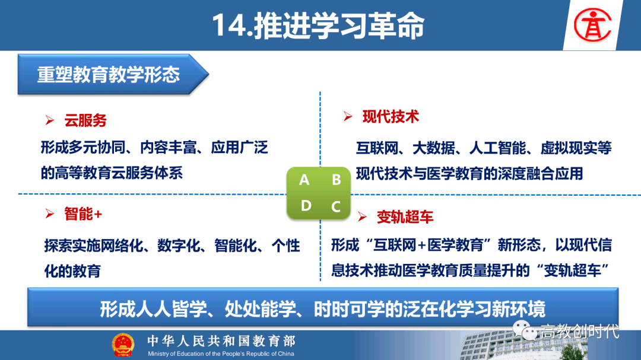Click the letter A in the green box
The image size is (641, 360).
[304, 180]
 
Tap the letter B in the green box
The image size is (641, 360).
[336, 180]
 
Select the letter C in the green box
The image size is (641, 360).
[336, 206]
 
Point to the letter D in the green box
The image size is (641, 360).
[306, 206]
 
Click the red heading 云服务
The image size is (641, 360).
[85, 120]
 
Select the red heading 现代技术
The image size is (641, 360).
[391, 117]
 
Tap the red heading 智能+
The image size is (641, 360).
[83, 214]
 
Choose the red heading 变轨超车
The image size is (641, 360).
[405, 217]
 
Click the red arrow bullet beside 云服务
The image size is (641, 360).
[49, 120]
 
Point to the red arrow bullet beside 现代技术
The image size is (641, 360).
[348, 117]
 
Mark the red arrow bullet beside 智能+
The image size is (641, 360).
[49, 214]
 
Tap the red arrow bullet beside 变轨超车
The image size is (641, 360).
[362, 217]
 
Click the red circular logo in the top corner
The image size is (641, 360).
[592, 26]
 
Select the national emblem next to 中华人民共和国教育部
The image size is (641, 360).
[123, 345]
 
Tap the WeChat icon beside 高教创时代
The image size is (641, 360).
[525, 330]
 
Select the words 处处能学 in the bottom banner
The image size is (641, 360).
[260, 309]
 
